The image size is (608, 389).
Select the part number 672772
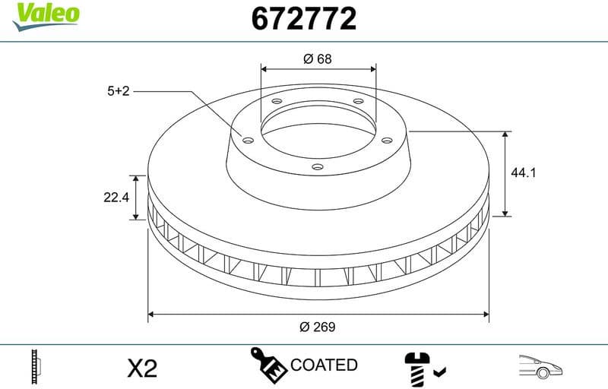click(x=303, y=18)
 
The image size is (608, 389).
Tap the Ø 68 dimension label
click(x=318, y=59)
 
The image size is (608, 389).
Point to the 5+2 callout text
click(x=119, y=90)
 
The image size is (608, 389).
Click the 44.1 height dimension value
click(x=524, y=173)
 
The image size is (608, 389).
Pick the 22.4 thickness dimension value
click(x=116, y=198)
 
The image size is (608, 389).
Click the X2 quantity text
click(x=141, y=368)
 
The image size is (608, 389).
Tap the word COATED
click(x=324, y=365)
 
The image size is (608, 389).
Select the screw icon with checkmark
click(x=423, y=368)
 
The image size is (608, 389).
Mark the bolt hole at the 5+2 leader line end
click(x=248, y=138)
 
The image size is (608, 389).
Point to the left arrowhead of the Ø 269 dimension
click(x=151, y=312)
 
